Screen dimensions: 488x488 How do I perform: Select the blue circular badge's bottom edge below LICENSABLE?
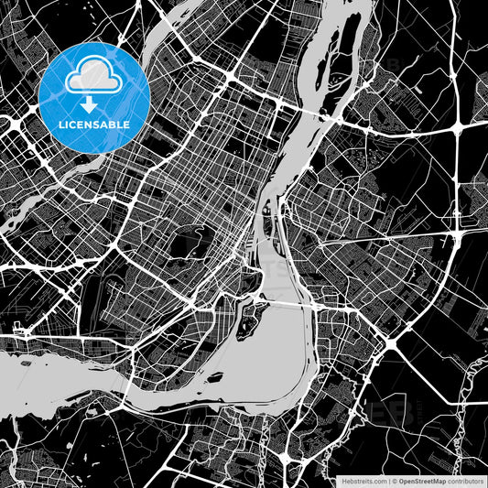coord(95,147)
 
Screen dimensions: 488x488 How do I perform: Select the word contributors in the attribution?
coord(466,479)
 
